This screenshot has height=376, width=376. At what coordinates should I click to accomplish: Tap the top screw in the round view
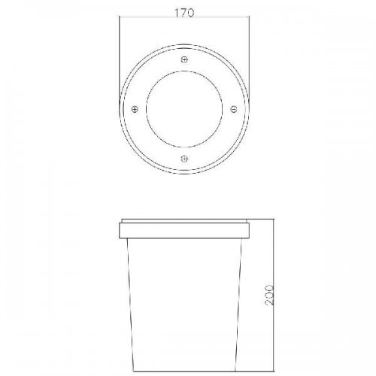[184, 59]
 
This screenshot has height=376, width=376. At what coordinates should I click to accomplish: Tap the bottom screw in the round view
[184, 159]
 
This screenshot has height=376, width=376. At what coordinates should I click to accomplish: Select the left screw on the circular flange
[135, 109]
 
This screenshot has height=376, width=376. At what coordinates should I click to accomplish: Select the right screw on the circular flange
[234, 109]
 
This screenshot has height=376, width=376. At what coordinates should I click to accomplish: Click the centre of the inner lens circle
[184, 109]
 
